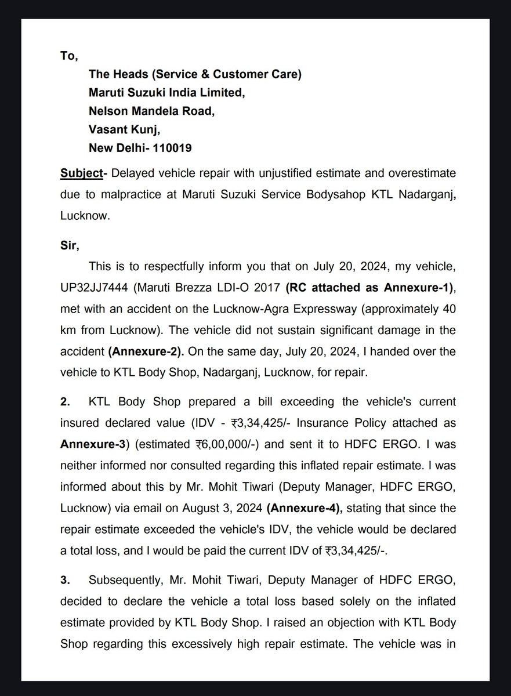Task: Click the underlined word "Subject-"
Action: pos(84,173)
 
